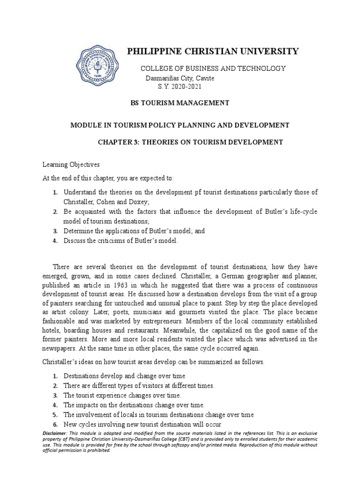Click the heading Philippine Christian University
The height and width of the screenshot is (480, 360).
pyautogui.click(x=213, y=51)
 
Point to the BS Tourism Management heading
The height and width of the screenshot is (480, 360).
pyautogui.click(x=180, y=102)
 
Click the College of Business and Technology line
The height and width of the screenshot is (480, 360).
pyautogui.click(x=213, y=68)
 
